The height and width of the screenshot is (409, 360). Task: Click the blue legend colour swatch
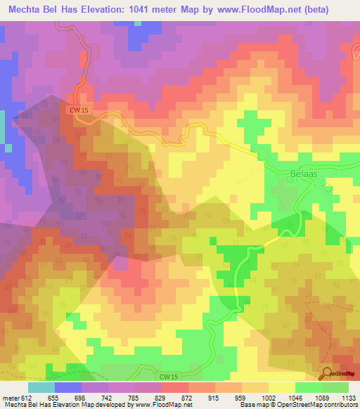pyautogui.click(x=68, y=387)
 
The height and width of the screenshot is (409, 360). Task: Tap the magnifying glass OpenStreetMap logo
pyautogui.click(x=327, y=373)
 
